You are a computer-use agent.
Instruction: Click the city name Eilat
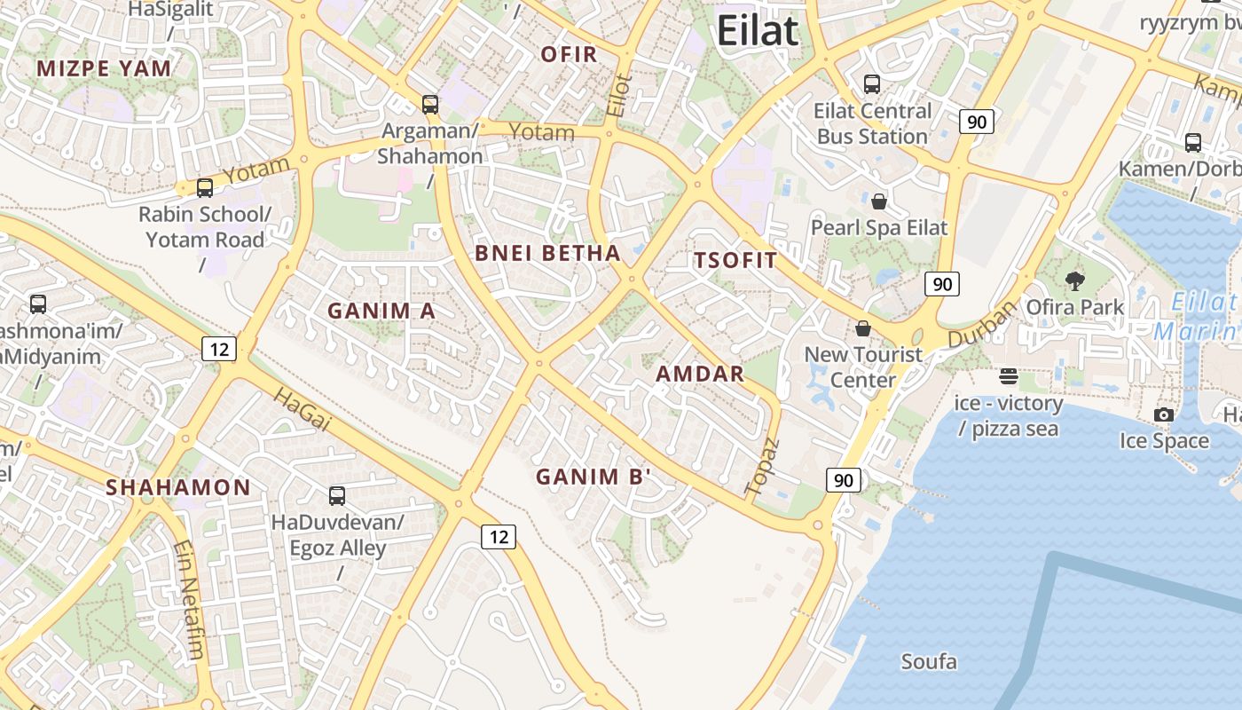pos(758,31)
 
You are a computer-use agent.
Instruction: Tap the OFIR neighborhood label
pos(570,55)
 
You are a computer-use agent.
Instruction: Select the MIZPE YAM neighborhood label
pos(104,68)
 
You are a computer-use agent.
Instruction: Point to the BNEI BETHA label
pos(547,254)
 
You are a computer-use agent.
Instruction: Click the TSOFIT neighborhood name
pos(735,261)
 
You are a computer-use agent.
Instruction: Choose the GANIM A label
pos(381,312)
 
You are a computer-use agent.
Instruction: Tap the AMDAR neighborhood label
pos(700,375)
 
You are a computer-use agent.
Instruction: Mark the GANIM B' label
pos(593,477)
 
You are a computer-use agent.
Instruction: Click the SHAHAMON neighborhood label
pos(178,487)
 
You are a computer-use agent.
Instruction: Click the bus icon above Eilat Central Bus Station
pos(872,84)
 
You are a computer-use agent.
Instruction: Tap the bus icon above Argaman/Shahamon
pos(430,105)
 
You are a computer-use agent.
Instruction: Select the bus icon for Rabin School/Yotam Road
pos(205,188)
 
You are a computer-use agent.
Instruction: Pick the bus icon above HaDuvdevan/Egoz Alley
pos(337,496)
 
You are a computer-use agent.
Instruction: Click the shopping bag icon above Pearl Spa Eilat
pos(879,201)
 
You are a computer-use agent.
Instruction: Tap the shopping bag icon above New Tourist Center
pos(863,329)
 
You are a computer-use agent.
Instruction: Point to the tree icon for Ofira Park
pos(1075,281)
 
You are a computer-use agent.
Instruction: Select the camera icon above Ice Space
pos(1164,414)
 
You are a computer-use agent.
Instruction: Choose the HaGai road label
pos(301,409)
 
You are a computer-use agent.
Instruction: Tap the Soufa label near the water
pos(929,662)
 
